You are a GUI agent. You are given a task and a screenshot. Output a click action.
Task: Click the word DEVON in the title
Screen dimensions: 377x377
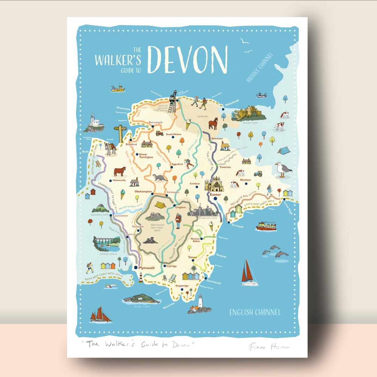(x=187, y=60)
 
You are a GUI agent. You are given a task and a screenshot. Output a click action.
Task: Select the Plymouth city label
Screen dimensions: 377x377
(x=146, y=268)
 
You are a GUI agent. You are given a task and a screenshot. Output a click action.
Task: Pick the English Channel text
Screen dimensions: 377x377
(x=255, y=312)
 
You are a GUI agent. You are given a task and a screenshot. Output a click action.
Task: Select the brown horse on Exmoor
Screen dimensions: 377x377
(x=213, y=123)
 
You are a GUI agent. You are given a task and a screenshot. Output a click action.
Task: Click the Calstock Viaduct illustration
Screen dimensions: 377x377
(x=106, y=243)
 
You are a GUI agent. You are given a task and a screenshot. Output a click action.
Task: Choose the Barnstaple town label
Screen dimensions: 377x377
(x=156, y=123)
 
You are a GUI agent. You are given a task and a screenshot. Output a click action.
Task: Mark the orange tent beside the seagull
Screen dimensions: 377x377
(x=283, y=150)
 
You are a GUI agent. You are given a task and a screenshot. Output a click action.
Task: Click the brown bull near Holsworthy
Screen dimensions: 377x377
(x=119, y=171)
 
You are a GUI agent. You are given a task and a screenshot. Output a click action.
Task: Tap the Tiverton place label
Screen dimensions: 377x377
(x=225, y=167)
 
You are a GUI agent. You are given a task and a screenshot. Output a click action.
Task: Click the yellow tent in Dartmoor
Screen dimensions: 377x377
(x=160, y=205)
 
